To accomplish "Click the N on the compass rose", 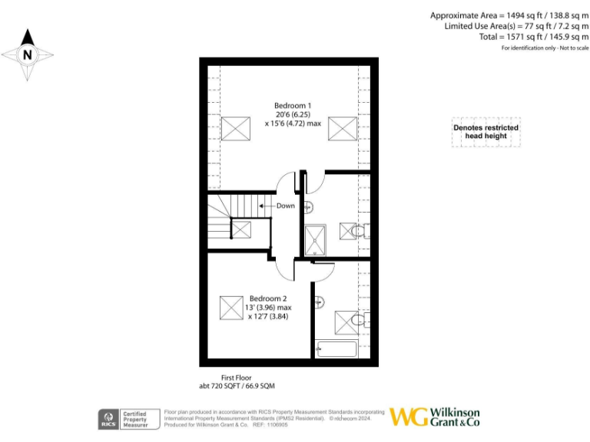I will click(28, 54).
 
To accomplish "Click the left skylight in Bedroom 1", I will click(231, 128).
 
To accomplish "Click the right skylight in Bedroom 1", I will click(343, 128).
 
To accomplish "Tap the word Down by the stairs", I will click(285, 206).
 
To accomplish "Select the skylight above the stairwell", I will click(242, 229).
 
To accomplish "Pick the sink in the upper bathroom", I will click(308, 206).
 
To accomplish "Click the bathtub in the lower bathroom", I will click(336, 350).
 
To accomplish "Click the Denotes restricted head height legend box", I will click(486, 132).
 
